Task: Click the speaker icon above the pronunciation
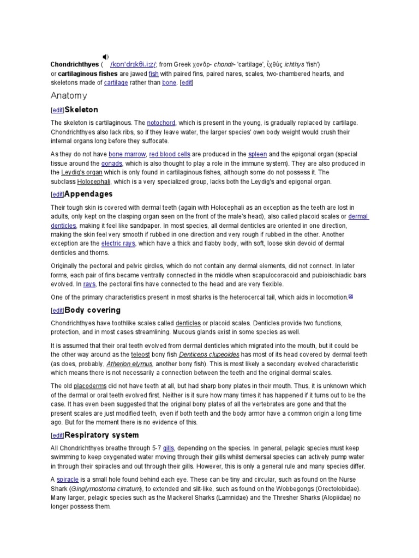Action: click(x=106, y=57)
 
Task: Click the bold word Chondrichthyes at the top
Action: click(x=74, y=64)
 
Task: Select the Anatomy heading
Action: click(x=69, y=96)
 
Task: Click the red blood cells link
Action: click(x=170, y=155)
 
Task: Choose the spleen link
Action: click(x=258, y=155)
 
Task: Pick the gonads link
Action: click(x=112, y=163)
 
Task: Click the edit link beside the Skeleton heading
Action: click(x=57, y=111)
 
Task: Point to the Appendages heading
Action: click(x=88, y=194)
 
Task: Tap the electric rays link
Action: click(x=118, y=244)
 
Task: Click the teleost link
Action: click(x=140, y=355)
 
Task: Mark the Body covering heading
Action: click(x=92, y=310)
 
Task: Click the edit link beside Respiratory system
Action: click(x=57, y=436)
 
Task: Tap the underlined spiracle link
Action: click(x=68, y=480)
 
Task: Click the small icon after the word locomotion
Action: click(x=351, y=296)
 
